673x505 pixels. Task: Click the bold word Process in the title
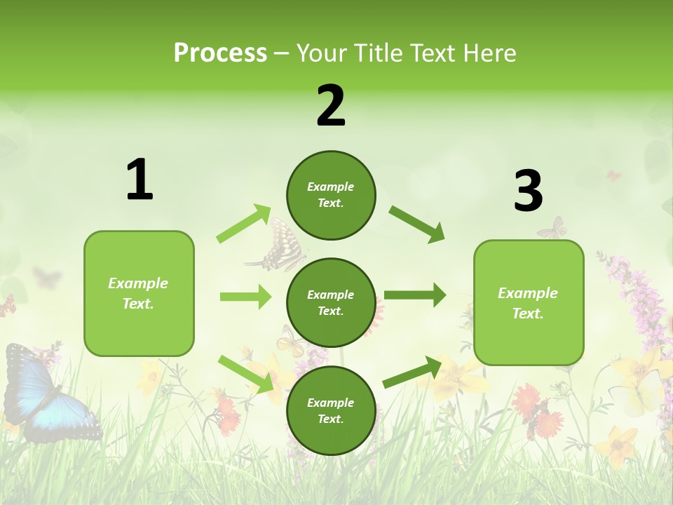[x=220, y=53]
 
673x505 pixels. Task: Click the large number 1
[x=140, y=180]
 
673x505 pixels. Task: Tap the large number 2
[x=331, y=106]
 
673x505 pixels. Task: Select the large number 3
[x=528, y=191]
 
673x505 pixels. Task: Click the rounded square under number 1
[x=139, y=293]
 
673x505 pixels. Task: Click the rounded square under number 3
[x=529, y=302]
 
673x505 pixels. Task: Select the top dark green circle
[x=331, y=195]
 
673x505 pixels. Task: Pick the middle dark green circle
[x=331, y=302]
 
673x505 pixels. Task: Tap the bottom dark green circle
[x=331, y=410]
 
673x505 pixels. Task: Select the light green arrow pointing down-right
[x=246, y=374]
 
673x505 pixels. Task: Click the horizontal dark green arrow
[x=415, y=295]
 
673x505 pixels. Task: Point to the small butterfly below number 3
[x=553, y=229]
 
